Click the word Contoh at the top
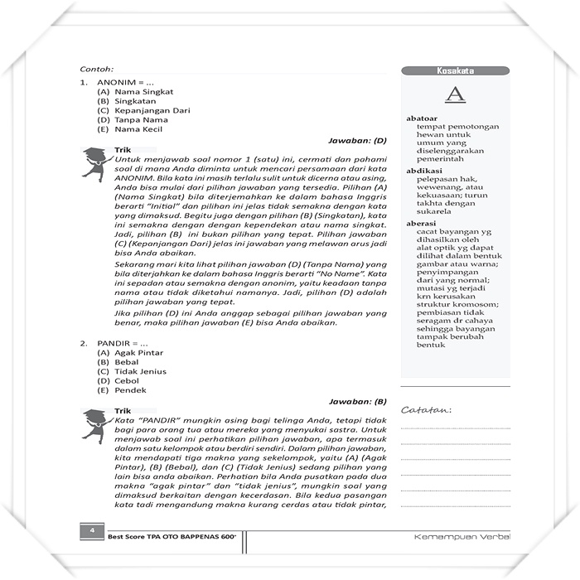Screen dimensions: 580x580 point(96,69)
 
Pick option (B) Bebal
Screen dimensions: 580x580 point(120,362)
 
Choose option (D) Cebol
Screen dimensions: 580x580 point(120,381)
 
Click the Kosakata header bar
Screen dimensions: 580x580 point(455,71)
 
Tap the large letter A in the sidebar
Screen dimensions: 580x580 point(455,96)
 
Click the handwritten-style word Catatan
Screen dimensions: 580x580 point(426,410)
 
